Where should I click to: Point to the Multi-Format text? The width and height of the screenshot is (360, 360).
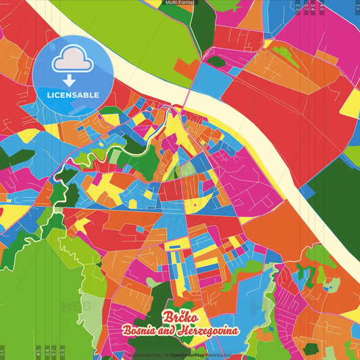coord(180,3)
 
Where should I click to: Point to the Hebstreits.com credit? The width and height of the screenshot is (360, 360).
coord(144,355)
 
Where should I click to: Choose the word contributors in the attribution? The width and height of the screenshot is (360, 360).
coord(219,355)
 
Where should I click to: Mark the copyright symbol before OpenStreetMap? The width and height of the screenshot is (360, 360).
coord(165,355)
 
